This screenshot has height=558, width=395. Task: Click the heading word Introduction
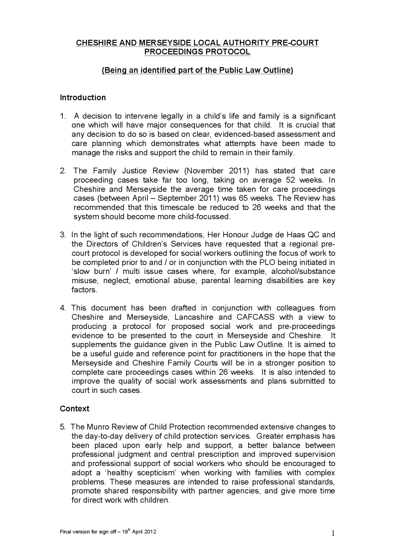point(83,98)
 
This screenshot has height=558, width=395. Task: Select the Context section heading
point(74,409)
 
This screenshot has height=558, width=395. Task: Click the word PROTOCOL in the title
point(229,52)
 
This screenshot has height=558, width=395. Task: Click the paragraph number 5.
point(63,427)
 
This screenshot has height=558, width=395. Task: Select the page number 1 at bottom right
point(333,533)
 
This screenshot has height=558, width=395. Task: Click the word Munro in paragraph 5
point(98,427)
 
